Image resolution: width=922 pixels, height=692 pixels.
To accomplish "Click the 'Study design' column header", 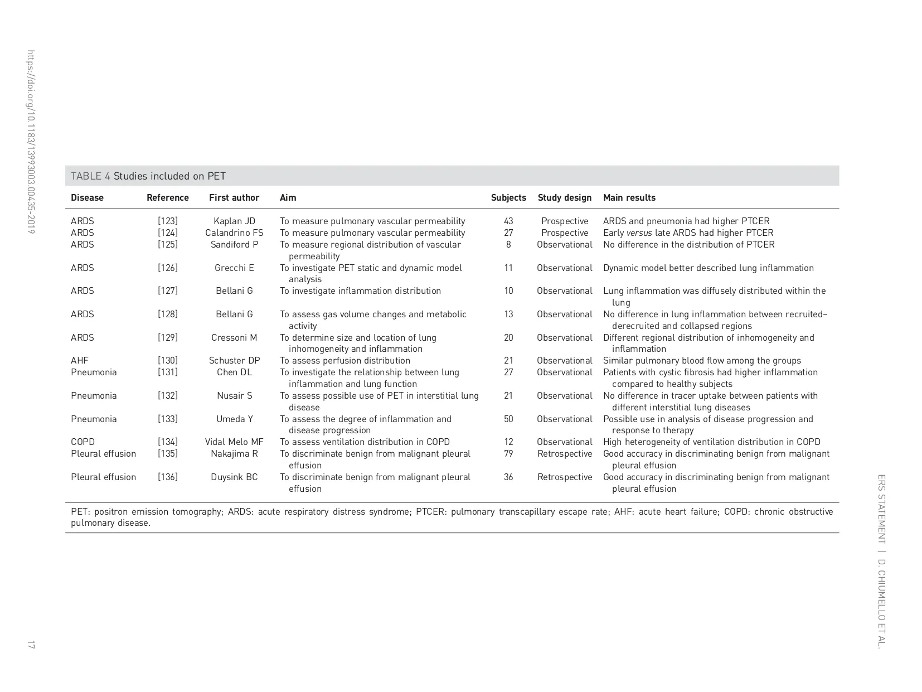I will (564, 197).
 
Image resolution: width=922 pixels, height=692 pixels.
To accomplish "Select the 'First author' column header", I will (234, 197).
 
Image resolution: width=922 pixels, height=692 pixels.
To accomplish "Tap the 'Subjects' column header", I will (508, 197).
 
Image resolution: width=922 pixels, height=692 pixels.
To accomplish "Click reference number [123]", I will (168, 221).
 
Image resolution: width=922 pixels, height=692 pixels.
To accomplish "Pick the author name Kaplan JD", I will (234, 221).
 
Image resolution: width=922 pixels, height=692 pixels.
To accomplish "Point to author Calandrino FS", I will (234, 233).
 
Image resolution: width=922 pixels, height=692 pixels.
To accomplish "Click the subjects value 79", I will (508, 453).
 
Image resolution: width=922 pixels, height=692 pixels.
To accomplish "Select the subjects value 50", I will (508, 419).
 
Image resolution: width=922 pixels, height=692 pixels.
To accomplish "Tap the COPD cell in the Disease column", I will (83, 442).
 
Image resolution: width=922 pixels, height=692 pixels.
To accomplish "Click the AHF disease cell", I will (80, 360).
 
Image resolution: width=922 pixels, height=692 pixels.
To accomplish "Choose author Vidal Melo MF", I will (234, 442).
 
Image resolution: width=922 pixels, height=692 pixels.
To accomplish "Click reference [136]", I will (168, 477).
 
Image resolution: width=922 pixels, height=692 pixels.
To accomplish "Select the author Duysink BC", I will (234, 477).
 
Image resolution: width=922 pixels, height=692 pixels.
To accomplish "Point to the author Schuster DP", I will (234, 360).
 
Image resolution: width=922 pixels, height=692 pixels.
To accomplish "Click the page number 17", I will (31, 645).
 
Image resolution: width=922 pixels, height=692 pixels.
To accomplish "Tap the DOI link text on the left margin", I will (31, 142).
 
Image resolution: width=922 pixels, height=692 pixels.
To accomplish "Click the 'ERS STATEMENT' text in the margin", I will (881, 509).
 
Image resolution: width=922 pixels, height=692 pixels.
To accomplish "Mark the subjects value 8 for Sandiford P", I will (508, 244).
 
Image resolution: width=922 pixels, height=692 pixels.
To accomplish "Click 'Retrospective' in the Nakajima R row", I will (565, 453).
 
